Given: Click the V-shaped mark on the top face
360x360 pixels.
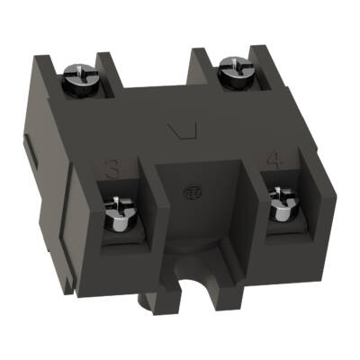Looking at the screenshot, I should (184, 133).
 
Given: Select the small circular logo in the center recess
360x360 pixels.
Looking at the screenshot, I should (192, 193).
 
